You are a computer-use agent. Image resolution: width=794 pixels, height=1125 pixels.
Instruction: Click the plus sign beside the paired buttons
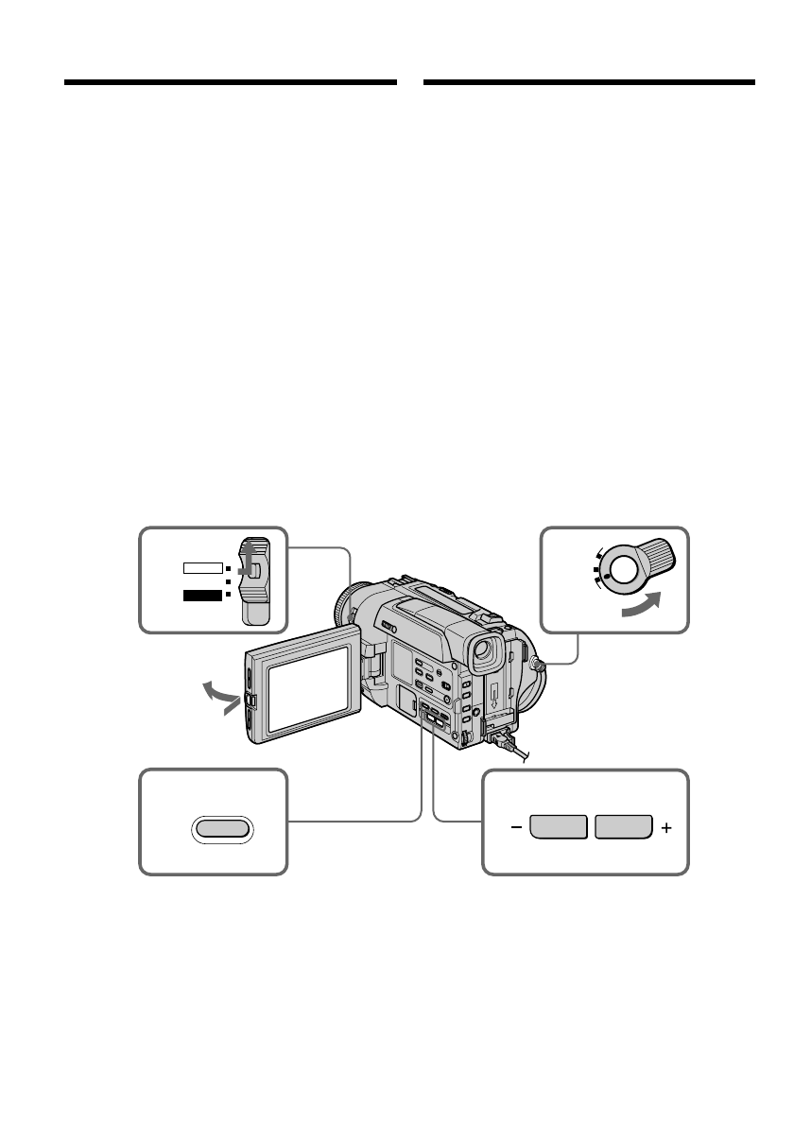coord(667,827)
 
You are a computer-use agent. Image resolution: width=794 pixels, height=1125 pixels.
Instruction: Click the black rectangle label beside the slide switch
coord(203,595)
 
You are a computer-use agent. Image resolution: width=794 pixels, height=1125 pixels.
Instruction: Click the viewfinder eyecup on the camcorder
coord(485,651)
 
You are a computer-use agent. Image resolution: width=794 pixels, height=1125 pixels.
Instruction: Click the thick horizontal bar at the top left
coord(230,82)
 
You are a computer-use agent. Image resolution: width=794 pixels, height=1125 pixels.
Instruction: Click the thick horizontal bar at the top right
coord(590,82)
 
